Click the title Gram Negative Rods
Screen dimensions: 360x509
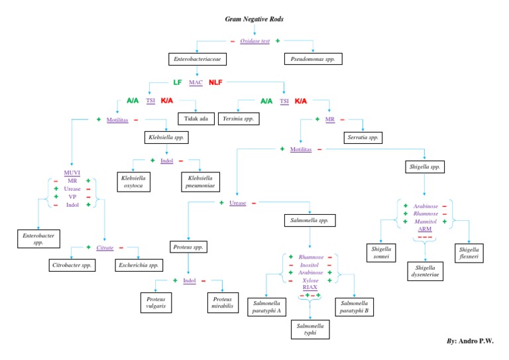click(x=254, y=19)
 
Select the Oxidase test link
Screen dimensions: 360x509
click(x=254, y=41)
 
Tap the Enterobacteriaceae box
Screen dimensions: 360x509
click(x=197, y=60)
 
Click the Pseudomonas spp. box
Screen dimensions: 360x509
click(x=313, y=60)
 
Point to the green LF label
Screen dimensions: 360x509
click(x=178, y=83)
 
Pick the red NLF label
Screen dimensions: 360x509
click(x=216, y=83)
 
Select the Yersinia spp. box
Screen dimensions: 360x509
click(x=237, y=119)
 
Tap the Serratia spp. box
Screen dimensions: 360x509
click(x=363, y=138)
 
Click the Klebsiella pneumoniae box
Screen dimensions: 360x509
click(x=200, y=181)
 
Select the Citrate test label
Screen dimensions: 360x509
click(x=105, y=247)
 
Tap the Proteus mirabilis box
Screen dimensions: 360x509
click(x=222, y=302)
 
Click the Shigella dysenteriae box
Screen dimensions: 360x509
click(x=424, y=271)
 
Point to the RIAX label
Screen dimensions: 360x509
click(x=310, y=287)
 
